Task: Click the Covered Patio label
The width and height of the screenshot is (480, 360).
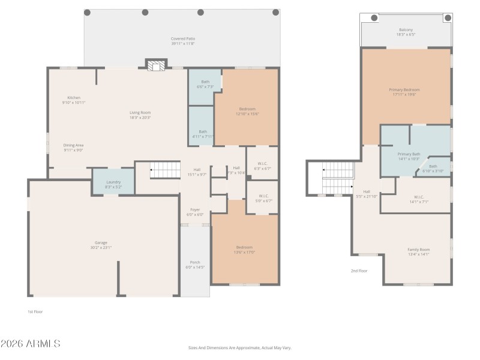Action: tap(183, 38)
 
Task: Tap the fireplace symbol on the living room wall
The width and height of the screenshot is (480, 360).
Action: tap(155, 65)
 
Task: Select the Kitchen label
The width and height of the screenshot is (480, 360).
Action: tap(74, 98)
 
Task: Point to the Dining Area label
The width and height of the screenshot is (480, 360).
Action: tap(74, 145)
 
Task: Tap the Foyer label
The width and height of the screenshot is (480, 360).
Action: tap(196, 209)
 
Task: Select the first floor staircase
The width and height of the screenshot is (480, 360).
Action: tap(164, 170)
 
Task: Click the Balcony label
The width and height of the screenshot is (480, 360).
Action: tap(406, 29)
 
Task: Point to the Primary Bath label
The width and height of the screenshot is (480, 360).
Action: tap(409, 154)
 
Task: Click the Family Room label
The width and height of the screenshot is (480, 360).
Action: tap(418, 249)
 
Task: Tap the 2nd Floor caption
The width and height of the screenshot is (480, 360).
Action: tap(359, 271)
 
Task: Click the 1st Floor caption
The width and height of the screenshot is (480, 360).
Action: tap(35, 311)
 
